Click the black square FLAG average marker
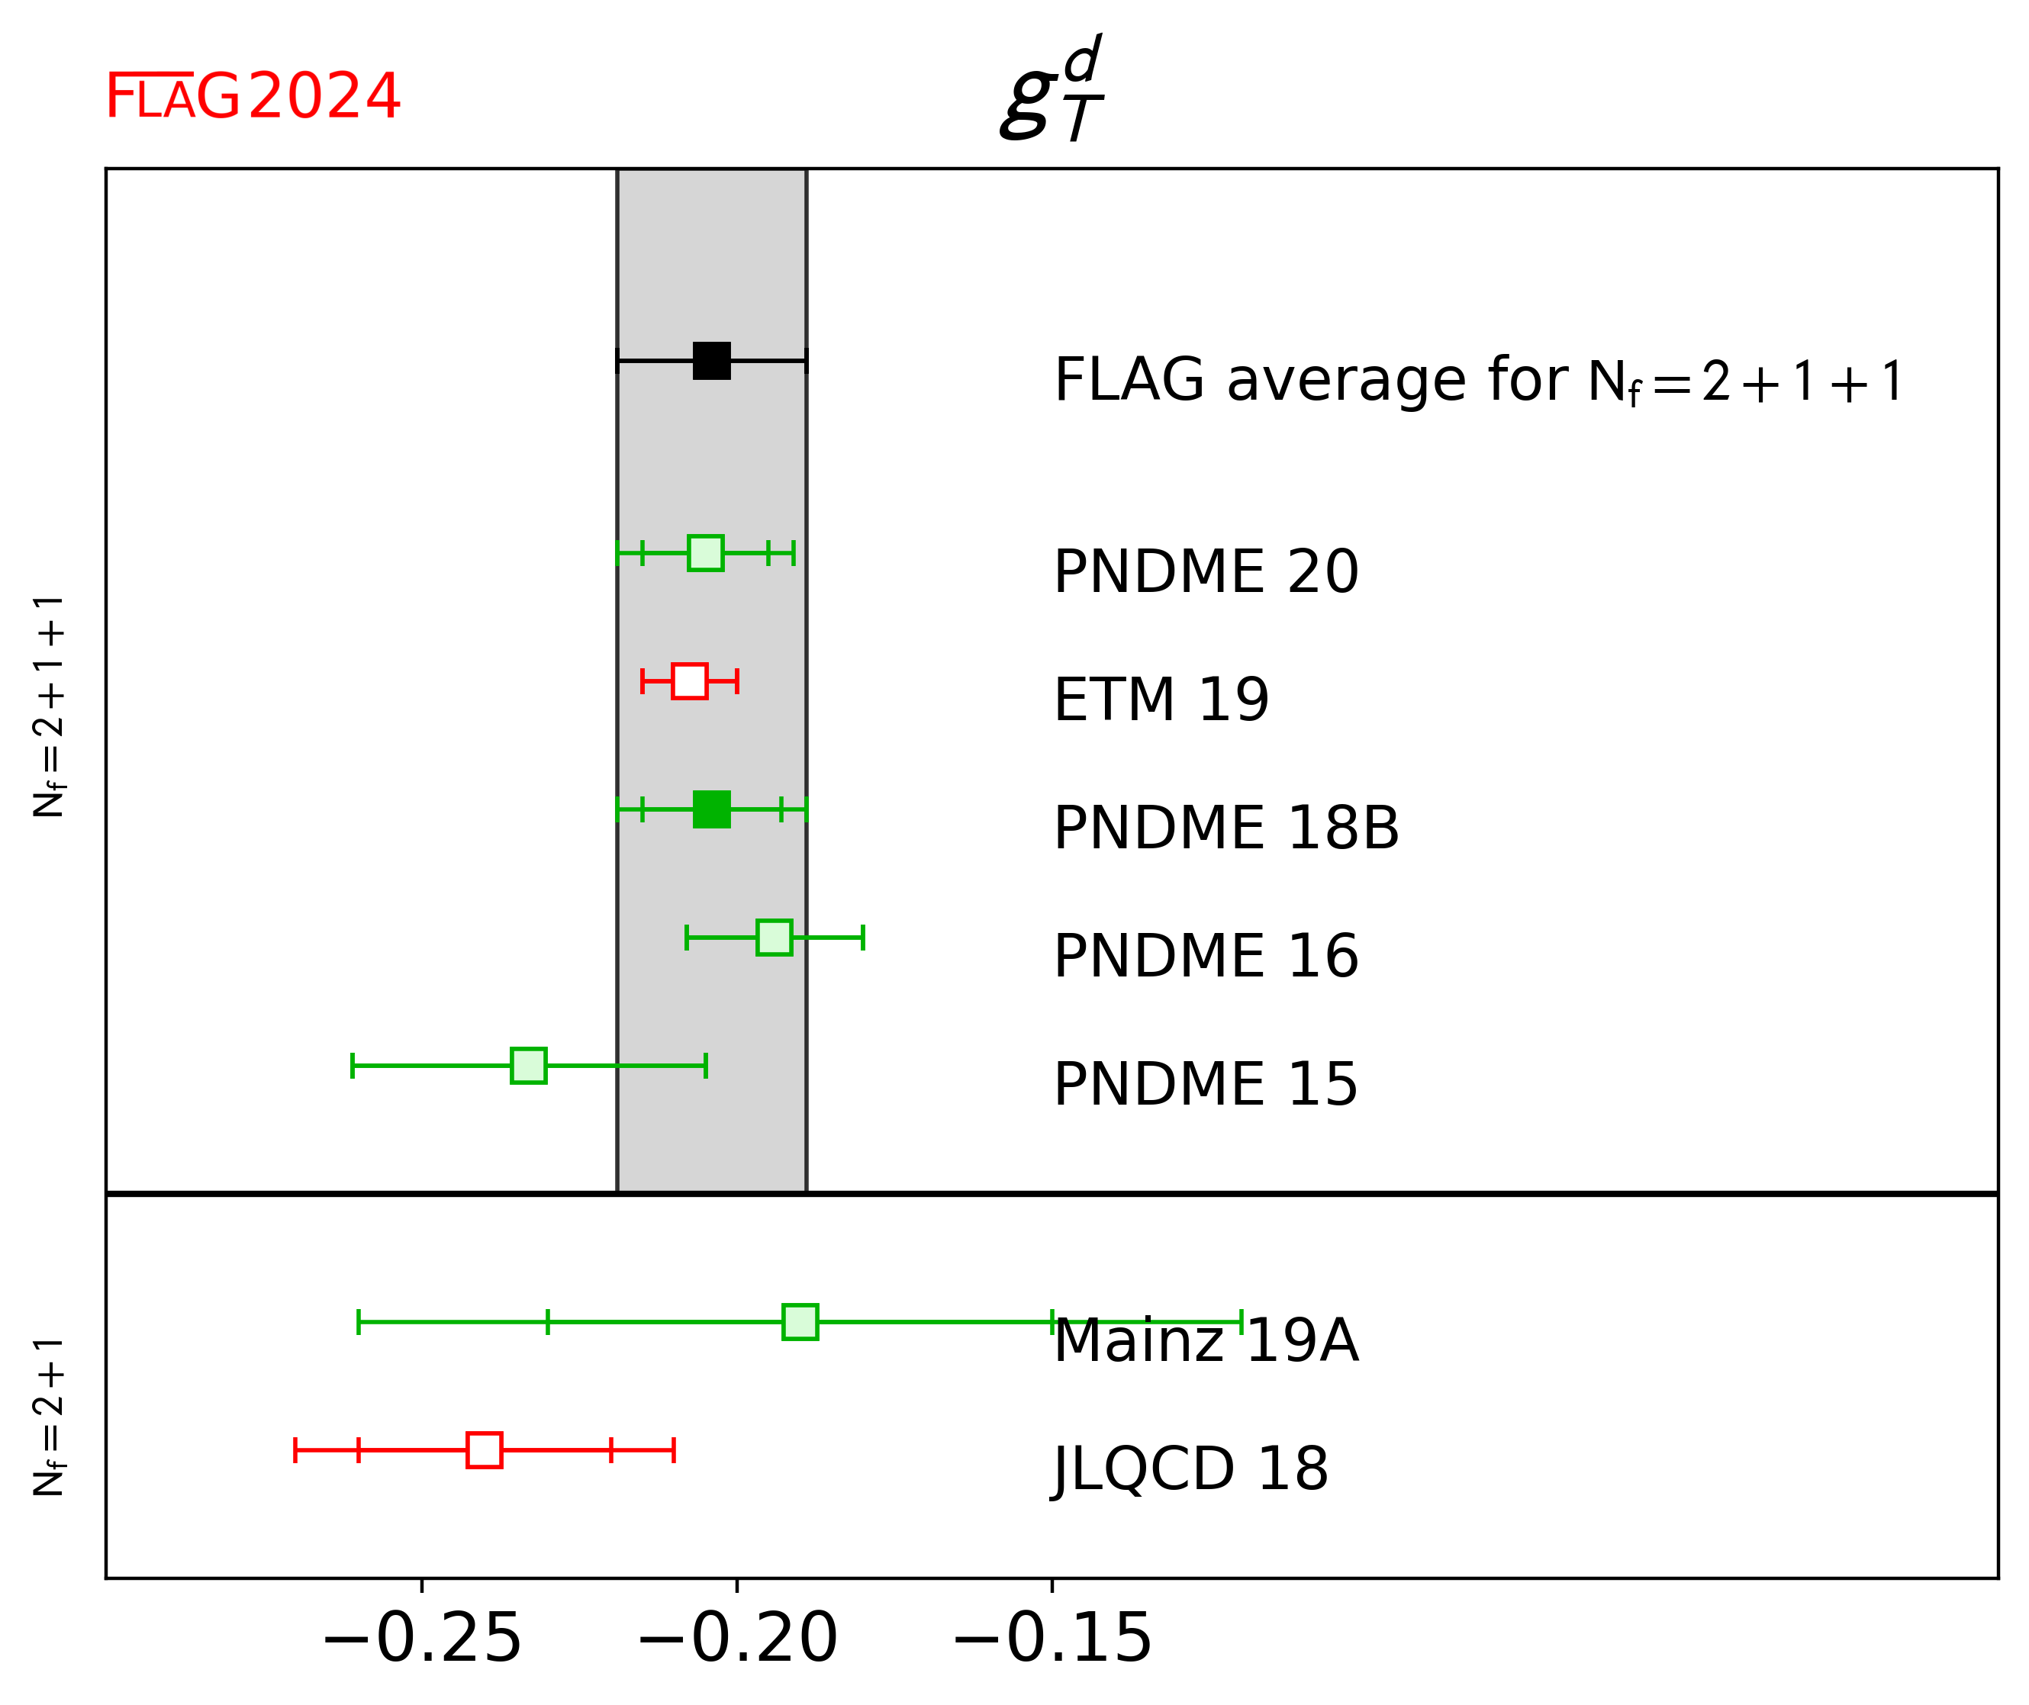click(x=711, y=361)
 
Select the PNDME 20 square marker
click(x=706, y=553)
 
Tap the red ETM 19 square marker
click(x=689, y=681)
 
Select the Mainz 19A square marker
click(x=800, y=1321)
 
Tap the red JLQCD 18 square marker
click(x=485, y=1450)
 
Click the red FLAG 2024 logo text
click(x=253, y=97)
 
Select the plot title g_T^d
click(x=1052, y=89)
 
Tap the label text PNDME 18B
click(x=1225, y=828)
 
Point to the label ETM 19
click(x=1161, y=700)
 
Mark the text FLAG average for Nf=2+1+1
click(x=1479, y=380)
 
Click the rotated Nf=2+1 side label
click(x=48, y=1417)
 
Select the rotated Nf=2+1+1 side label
click(x=48, y=706)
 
